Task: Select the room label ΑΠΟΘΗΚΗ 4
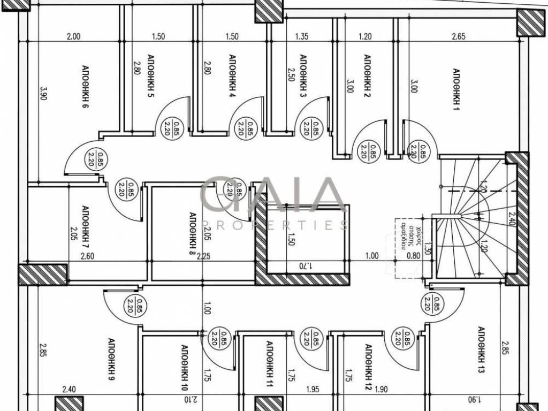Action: coord(232,76)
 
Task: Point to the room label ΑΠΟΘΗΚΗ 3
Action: coord(303,76)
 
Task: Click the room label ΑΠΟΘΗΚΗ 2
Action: coord(367,76)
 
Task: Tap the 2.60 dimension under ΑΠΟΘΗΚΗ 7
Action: coord(87,256)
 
